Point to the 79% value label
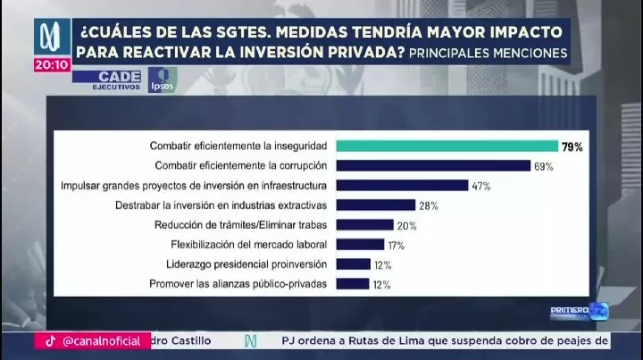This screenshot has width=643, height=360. click(x=572, y=147)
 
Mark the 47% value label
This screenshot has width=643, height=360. click(x=482, y=186)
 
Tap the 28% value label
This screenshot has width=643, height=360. click(x=429, y=205)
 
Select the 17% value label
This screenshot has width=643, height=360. click(x=398, y=245)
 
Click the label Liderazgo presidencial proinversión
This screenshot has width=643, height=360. click(x=246, y=264)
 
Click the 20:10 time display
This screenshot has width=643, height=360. click(x=52, y=64)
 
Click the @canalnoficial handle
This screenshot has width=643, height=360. click(x=101, y=340)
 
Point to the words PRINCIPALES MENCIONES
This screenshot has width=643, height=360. click(x=488, y=54)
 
